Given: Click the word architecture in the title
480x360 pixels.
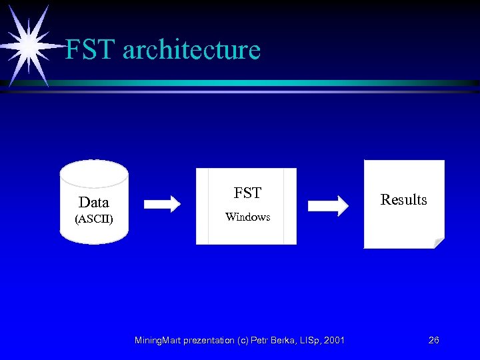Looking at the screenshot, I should [191, 50].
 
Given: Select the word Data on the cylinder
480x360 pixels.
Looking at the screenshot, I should [93, 202].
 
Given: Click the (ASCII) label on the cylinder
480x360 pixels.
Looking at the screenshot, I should [93, 219].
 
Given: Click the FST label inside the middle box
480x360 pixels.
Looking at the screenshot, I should [247, 193].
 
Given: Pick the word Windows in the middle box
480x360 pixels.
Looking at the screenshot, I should [247, 217].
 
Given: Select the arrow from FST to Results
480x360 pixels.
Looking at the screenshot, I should [332, 205].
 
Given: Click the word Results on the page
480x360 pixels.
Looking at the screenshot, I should [403, 199].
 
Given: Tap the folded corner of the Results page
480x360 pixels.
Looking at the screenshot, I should [438, 243].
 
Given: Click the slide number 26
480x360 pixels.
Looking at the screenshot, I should [433, 340].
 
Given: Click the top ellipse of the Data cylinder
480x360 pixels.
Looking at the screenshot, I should [93, 172].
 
